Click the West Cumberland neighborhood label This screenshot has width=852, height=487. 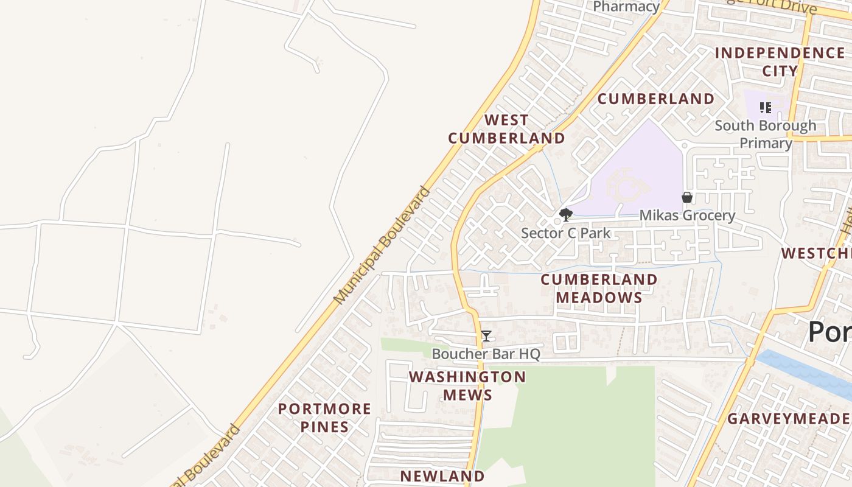tap(506, 129)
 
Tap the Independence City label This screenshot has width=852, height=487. tap(780, 61)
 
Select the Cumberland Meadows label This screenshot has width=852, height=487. tap(599, 289)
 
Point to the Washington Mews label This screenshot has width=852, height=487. tap(467, 386)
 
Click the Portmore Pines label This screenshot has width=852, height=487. tap(324, 418)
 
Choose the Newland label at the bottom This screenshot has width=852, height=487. tap(442, 476)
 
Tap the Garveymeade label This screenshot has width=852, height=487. tap(789, 419)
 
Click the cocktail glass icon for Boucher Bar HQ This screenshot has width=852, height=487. tap(486, 336)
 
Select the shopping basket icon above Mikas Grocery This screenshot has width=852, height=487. tap(686, 197)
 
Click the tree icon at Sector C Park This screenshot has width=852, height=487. tap(566, 214)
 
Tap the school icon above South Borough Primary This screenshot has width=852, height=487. tap(766, 108)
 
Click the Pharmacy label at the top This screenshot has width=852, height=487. tap(626, 7)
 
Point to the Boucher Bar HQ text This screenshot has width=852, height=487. tap(486, 354)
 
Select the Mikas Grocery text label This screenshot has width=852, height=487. tap(687, 215)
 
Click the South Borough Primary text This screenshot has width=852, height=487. tap(766, 135)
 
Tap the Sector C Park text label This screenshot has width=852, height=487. tap(565, 233)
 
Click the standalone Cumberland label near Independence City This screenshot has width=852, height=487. tap(656, 99)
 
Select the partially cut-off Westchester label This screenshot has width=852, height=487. tap(816, 253)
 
